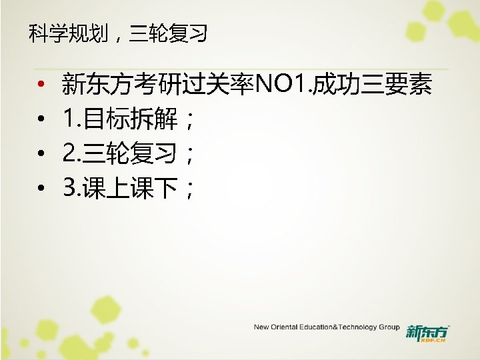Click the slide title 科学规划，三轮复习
118,33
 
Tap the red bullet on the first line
41,85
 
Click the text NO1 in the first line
282,85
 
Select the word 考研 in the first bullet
155,85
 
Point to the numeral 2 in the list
69,155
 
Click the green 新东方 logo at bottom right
427,330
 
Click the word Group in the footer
389,327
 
